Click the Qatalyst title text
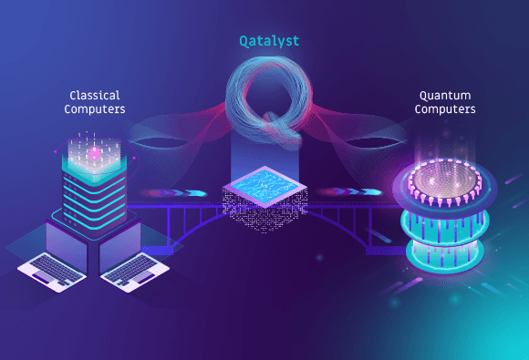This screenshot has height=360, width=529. coord(264,41)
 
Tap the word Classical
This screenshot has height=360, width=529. coord(94,95)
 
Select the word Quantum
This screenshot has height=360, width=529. coord(445,95)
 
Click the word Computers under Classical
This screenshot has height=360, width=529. coord(94,110)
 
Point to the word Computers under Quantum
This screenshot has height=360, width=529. coord(445,110)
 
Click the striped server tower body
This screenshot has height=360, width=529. coord(93,187)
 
